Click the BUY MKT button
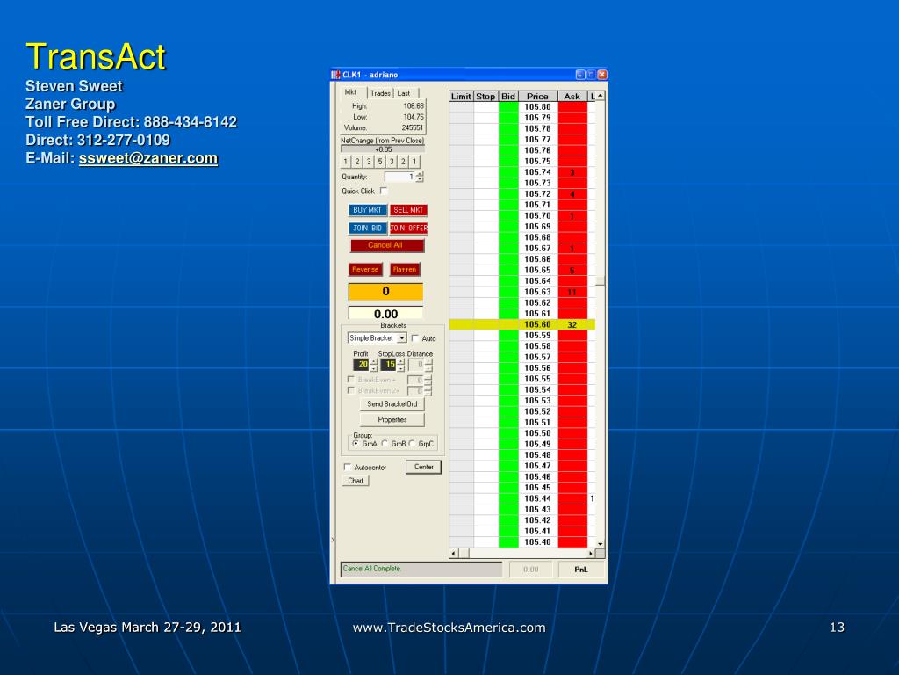pos(367,210)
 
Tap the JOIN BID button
pos(367,228)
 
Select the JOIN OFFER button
pos(408,228)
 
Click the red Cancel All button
pos(385,245)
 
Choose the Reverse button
pos(365,270)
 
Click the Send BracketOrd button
pos(392,404)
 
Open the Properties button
pos(392,420)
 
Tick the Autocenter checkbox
pos(348,468)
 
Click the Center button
pos(423,467)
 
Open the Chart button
pos(356,481)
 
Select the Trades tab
pos(380,93)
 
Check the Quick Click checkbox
pos(384,191)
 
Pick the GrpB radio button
pos(385,444)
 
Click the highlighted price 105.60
pos(537,324)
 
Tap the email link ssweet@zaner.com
pos(148,158)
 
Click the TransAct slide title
pos(96,57)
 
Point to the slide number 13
pos(837,627)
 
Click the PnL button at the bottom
pos(580,570)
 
